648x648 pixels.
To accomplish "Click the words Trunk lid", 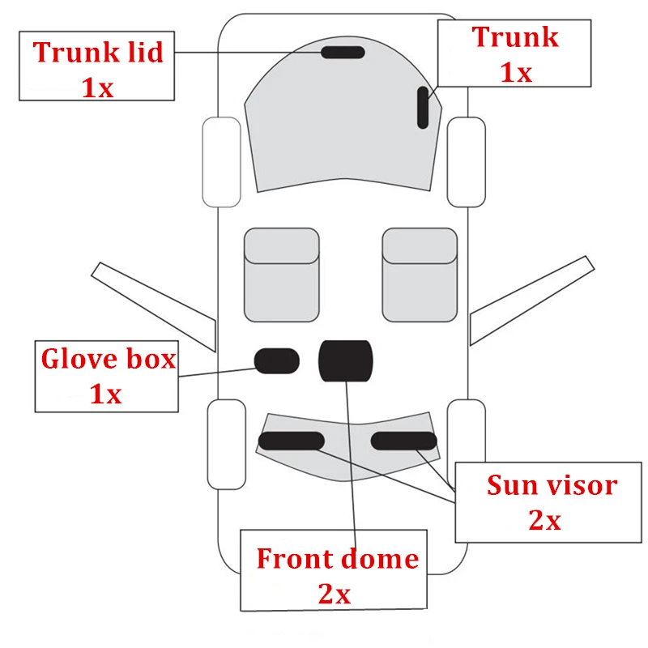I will point(98,53).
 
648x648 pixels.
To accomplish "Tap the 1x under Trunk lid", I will point(97,86).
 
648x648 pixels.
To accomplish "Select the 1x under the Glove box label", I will point(105,394).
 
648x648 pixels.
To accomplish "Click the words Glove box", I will point(108,358).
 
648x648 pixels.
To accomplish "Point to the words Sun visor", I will point(552,485).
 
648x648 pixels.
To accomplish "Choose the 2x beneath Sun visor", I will point(544,520).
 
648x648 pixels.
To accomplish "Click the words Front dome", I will point(337,558).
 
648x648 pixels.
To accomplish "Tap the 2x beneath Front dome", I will point(334,594).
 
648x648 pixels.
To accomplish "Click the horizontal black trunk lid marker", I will point(343,53).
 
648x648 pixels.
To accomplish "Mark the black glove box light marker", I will point(277,361).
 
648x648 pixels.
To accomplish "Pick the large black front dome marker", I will point(346,360).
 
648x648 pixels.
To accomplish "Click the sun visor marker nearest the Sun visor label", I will point(404,441).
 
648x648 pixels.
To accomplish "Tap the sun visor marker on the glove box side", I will point(291,441).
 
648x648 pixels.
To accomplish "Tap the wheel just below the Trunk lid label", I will point(221,161).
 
